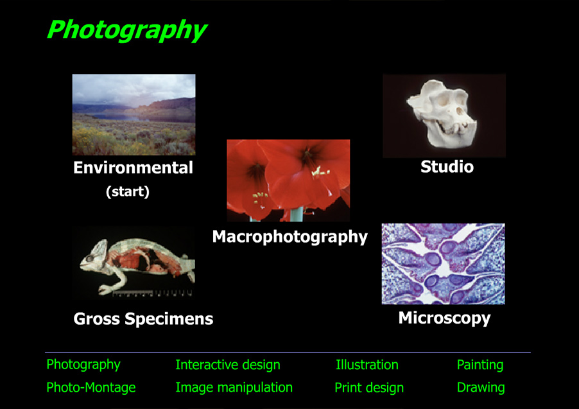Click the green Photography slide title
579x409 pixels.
(126, 30)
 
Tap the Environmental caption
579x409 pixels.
(133, 168)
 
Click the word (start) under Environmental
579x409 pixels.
(127, 192)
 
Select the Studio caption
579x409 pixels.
(447, 168)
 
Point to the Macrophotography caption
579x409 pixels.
(289, 237)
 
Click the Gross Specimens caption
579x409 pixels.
(143, 319)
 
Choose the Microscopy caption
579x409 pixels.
(444, 318)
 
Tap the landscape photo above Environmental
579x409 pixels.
(134, 114)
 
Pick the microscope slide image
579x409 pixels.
(443, 263)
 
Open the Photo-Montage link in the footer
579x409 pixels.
(91, 388)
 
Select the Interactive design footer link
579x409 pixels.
(228, 365)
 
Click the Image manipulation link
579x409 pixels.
(234, 388)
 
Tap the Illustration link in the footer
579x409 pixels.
(367, 365)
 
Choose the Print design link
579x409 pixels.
(369, 388)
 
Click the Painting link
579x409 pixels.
(480, 365)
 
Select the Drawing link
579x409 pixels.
(481, 388)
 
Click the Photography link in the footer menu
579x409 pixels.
(83, 365)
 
